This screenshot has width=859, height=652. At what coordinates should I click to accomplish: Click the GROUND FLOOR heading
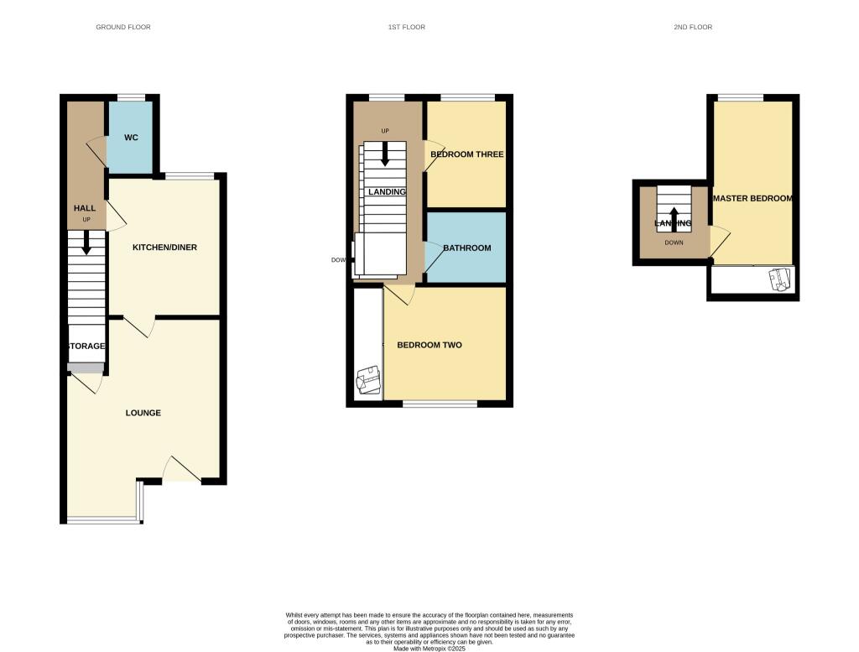123,28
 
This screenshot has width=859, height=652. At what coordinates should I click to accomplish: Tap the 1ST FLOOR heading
406,28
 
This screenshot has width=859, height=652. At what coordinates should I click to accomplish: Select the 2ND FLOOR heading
693,28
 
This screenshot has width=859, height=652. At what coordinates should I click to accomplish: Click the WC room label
131,138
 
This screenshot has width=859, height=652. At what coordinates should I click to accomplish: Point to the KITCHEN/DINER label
164,248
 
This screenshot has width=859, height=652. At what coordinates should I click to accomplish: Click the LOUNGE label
143,413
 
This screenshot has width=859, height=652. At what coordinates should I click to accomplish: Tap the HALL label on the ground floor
84,208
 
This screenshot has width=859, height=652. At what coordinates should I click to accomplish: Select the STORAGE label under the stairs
86,346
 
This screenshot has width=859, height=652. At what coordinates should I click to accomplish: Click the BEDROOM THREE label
466,154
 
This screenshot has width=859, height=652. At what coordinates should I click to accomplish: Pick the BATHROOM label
466,248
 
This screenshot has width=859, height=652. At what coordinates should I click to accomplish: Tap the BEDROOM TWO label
429,345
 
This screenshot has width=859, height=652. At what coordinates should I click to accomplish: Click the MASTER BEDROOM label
752,199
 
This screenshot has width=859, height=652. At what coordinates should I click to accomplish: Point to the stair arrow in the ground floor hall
86,243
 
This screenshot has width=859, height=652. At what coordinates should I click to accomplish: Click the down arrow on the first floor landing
385,153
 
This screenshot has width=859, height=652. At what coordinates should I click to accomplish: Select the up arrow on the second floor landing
674,213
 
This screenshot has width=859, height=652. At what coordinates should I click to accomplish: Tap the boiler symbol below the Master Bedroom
780,279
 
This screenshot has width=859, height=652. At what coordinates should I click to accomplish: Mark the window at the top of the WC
130,98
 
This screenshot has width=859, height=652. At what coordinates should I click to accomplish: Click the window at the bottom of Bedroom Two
440,404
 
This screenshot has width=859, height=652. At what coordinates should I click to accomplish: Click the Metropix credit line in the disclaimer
429,649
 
